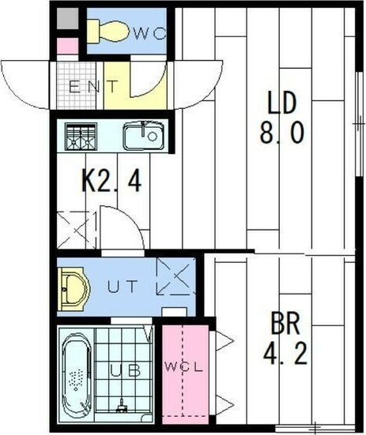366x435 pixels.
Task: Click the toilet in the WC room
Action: pos(108,31)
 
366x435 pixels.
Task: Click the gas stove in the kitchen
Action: pos(79,137)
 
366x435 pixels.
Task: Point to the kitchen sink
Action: pos(142,137)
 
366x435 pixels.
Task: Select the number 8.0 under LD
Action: pos(281,133)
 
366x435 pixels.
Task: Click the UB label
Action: pos(121,369)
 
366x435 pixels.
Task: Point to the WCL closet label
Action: pos(184,368)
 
